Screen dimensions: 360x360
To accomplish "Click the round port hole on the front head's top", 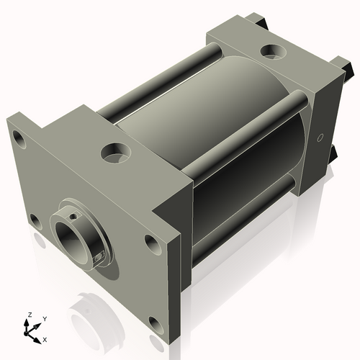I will pos(115,152).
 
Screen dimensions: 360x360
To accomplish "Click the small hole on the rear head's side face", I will pos(320,136).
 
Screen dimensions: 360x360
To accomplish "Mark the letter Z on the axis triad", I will pos(28,315).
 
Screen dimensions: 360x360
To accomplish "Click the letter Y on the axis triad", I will pos(44,318).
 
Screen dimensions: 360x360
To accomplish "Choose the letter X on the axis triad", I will pos(45,338).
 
